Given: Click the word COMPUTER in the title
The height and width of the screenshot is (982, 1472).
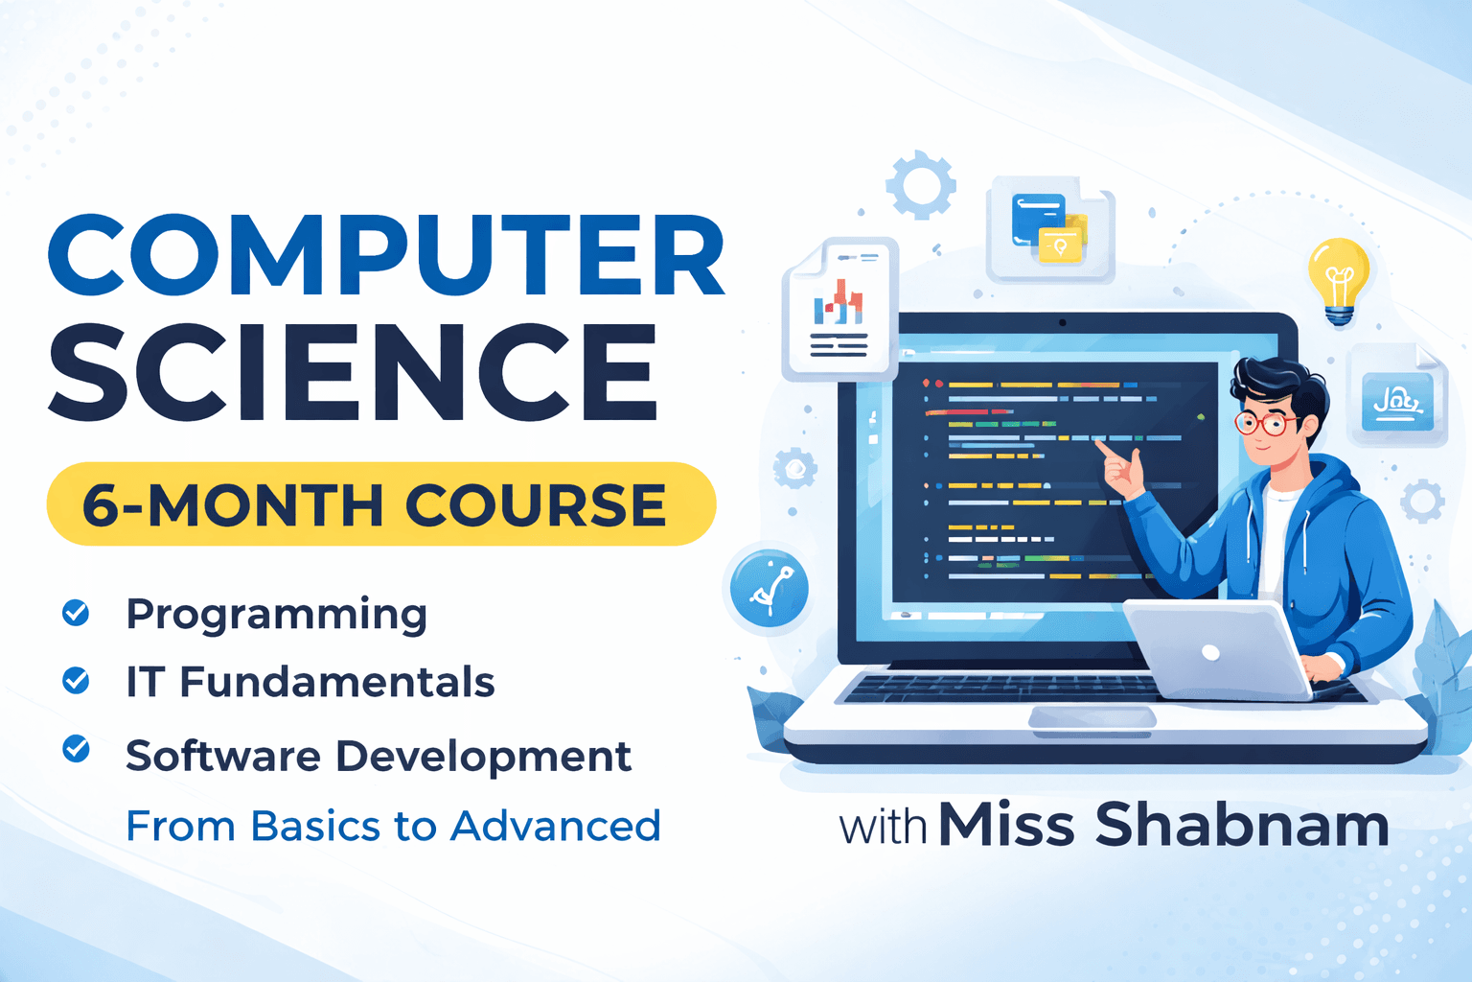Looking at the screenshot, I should point(386,256).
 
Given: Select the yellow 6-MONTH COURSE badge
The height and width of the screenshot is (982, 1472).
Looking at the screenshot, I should point(380,504).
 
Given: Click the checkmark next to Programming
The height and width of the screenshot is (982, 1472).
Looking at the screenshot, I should point(76,612).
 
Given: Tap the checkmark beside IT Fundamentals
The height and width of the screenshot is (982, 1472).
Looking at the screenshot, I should point(76,681).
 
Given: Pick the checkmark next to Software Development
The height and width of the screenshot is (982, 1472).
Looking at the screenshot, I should point(76,749).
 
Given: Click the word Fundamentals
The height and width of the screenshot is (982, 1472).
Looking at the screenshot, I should point(337,682).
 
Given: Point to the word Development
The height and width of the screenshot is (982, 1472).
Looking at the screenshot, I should point(483,757).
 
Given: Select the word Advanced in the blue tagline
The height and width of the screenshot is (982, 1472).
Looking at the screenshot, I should point(556,826).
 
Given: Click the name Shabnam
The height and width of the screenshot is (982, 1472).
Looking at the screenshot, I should point(1242,825).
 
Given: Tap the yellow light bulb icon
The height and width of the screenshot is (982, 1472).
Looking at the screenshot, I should point(1339,279).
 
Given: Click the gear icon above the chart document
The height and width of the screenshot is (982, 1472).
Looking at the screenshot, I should point(921,184).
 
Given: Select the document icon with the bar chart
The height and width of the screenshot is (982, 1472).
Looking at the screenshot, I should point(839,311).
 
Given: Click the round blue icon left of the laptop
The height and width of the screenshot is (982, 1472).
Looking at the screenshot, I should point(769,589).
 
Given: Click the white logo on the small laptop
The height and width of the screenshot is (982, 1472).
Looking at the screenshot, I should point(1210,653).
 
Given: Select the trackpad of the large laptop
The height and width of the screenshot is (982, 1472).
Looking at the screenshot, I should point(1092,717).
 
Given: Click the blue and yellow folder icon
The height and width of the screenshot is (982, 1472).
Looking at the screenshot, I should point(1049,230).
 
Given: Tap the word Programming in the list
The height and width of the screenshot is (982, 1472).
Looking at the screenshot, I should point(276,614).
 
